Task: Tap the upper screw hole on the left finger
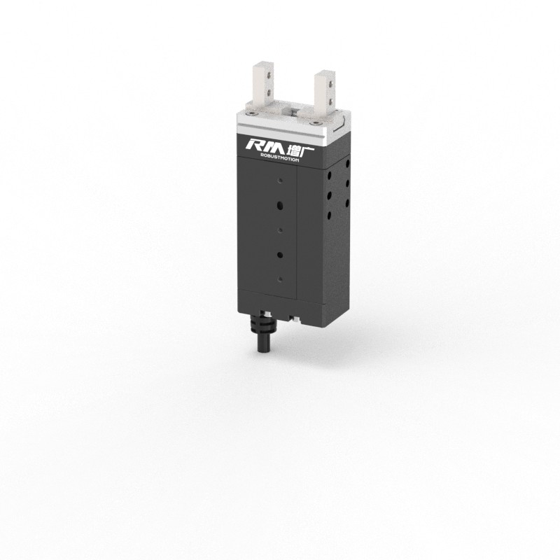click(x=267, y=73)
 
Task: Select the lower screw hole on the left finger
click(x=267, y=90)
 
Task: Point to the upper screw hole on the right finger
click(x=326, y=80)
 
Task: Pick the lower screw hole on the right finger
click(x=326, y=97)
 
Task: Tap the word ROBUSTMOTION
click(x=275, y=159)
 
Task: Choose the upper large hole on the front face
click(x=280, y=206)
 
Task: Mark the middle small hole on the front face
click(x=280, y=230)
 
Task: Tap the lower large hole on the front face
click(x=280, y=254)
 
